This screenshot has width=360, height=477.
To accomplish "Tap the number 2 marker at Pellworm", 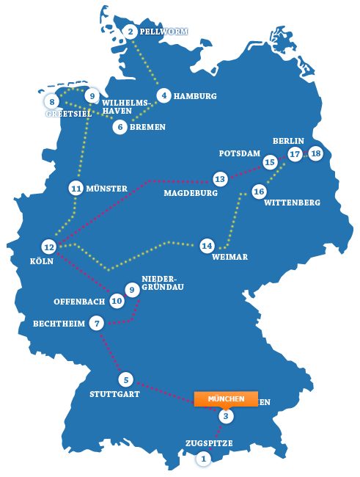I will [x=131, y=31].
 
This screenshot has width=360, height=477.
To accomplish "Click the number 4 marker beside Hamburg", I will [x=164, y=95].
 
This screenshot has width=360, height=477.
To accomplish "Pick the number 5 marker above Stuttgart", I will [x=126, y=379].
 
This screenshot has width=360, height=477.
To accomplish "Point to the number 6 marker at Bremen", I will [x=120, y=126].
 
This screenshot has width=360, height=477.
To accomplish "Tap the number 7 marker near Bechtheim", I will [x=98, y=323].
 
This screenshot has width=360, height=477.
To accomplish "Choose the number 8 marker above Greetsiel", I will [x=52, y=101].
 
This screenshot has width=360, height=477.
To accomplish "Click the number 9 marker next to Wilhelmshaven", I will [x=91, y=96].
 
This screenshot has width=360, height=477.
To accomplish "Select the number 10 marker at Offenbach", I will [x=117, y=300].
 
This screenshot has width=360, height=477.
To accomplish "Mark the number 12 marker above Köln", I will [x=49, y=247].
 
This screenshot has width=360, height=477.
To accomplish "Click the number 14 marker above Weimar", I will [x=207, y=245].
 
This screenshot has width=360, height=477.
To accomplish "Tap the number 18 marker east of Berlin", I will [x=315, y=153].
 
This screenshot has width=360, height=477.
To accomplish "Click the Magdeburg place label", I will [x=191, y=194].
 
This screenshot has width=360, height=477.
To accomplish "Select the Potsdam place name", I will [x=240, y=153].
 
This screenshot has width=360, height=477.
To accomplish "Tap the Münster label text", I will [x=106, y=188].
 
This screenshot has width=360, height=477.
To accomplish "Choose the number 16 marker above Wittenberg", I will [x=258, y=191].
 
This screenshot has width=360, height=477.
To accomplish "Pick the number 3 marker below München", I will [x=227, y=417].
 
